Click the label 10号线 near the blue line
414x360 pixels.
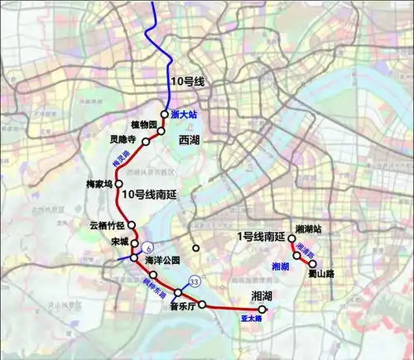coord(187,81)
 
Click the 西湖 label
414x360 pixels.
coord(190,142)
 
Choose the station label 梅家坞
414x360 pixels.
coord(99,184)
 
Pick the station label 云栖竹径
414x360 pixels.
coord(107,224)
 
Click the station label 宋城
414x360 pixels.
coord(119,242)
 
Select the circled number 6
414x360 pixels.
coord(147,247)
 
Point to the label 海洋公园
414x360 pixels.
coord(161,260)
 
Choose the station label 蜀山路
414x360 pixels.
coord(318,274)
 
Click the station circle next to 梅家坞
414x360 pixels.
coord(118,184)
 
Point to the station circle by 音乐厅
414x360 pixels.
coord(201,305)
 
